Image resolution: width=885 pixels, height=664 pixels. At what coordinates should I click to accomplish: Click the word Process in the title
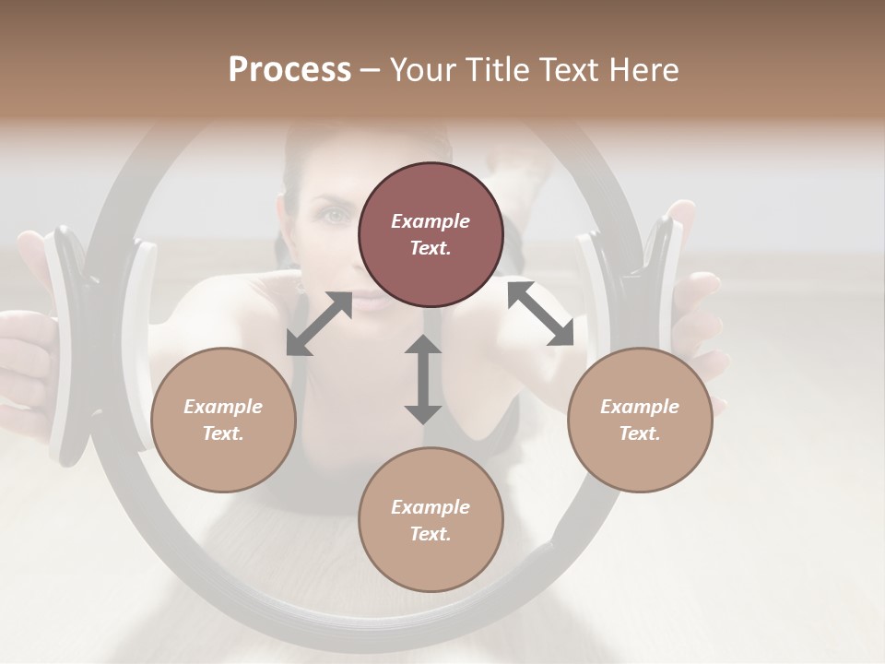289,70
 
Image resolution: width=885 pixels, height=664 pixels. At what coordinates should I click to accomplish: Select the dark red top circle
431,234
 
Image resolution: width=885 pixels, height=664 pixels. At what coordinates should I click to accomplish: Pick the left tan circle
223,420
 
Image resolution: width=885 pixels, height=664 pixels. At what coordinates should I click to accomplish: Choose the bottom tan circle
431,520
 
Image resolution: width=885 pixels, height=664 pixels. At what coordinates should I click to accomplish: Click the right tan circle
640,420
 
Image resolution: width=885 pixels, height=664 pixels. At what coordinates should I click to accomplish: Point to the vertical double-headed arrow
423,379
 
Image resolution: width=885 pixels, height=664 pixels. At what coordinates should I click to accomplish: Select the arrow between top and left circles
320,324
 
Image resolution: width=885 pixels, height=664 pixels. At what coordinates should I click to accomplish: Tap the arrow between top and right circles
540,314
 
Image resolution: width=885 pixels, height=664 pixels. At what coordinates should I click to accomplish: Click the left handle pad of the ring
68,346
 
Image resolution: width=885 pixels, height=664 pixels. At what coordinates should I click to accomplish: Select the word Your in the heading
425,70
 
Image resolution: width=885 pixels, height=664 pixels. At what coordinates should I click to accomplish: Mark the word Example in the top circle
431,221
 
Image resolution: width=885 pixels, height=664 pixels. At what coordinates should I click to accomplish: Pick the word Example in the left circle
223,407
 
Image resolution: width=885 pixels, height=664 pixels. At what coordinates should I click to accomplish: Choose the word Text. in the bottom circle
431,534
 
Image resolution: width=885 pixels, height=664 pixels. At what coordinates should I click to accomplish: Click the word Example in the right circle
640,407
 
